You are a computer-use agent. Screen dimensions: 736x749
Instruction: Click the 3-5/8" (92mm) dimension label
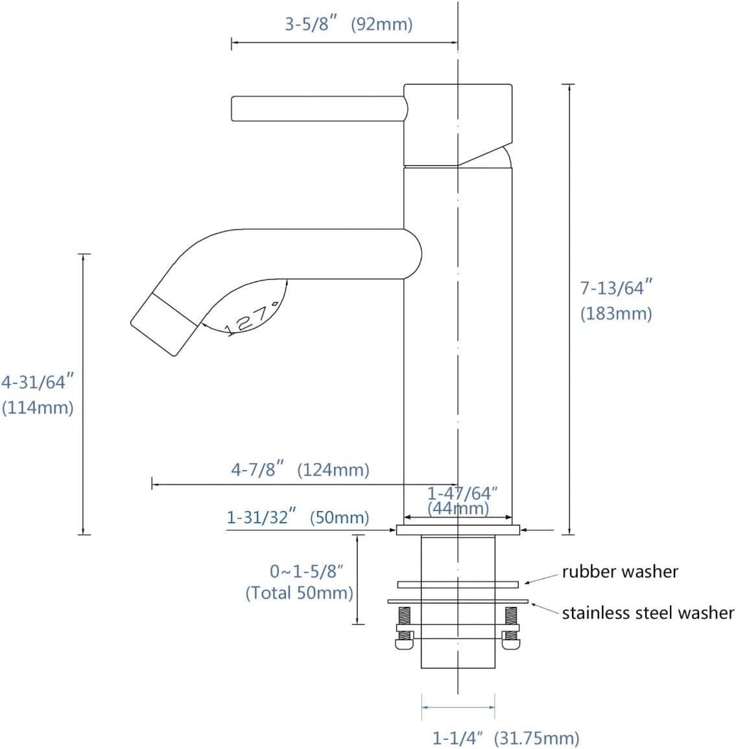click(349, 23)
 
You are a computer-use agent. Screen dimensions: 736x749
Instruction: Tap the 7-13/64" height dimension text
click(616, 287)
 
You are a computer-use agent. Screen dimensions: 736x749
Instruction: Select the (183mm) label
click(616, 313)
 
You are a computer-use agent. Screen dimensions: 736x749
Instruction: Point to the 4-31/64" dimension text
click(38, 382)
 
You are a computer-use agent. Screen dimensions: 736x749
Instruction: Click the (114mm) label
click(38, 407)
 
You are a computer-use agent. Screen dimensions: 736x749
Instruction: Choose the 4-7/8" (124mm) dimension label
click(300, 470)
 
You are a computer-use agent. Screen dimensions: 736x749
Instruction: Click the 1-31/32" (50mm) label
click(298, 517)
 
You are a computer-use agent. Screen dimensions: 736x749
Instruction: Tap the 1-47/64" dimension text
click(462, 493)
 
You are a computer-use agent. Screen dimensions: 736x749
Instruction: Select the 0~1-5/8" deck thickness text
click(307, 571)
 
